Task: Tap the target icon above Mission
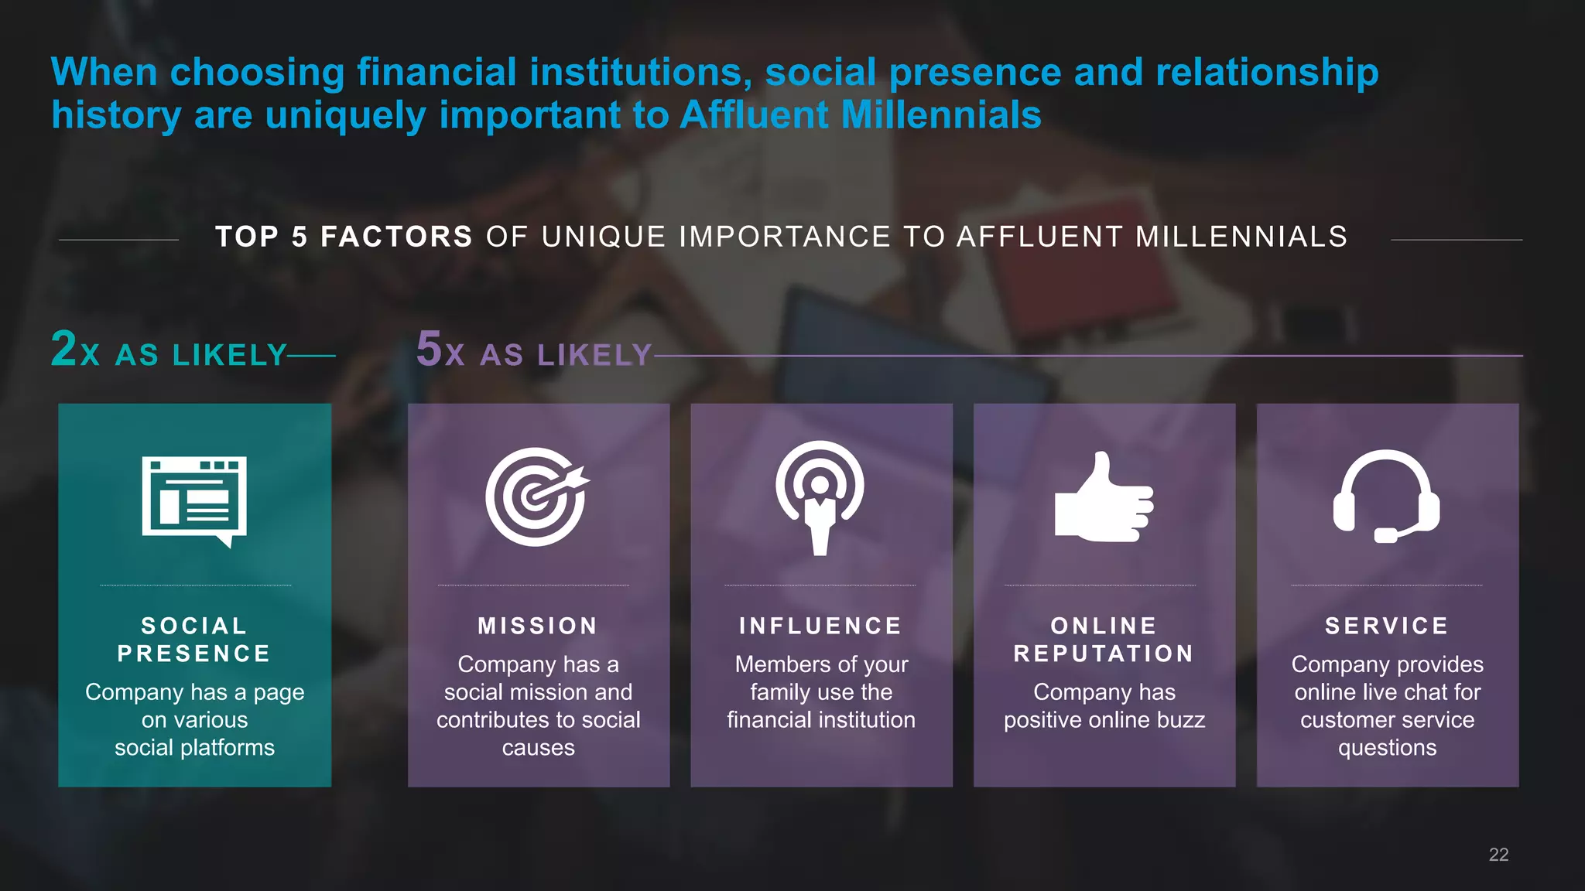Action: coord(537,497)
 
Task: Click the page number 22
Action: coord(1498,855)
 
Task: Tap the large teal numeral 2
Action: coord(64,349)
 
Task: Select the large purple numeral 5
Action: coord(429,349)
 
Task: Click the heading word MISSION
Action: coord(538,626)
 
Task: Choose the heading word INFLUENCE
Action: coord(820,626)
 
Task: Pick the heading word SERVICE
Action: coord(1387,626)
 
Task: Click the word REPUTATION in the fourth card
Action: coord(1104,654)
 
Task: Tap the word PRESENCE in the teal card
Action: coord(194,654)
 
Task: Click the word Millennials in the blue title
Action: coord(940,114)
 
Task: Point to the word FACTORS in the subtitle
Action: coord(396,237)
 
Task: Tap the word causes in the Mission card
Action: coord(538,748)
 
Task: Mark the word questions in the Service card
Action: coord(1387,748)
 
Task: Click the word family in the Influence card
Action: coord(779,692)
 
